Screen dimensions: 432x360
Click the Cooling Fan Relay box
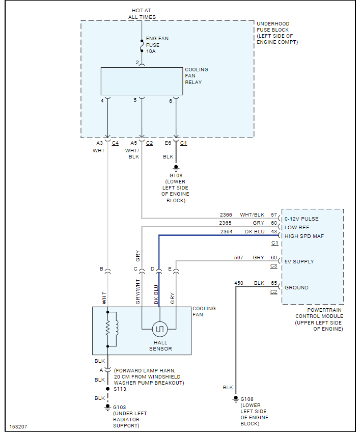142,81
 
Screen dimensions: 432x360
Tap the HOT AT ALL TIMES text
142,14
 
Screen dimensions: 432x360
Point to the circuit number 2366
226,215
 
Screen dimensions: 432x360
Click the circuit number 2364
226,232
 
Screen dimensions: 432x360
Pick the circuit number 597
239,258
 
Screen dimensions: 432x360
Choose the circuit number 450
239,283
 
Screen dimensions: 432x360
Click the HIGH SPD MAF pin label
304,236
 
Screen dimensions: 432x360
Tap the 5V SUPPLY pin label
299,262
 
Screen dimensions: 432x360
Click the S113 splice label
120,389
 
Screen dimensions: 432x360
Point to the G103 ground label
120,407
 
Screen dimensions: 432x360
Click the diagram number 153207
18,426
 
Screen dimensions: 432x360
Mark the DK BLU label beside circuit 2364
255,232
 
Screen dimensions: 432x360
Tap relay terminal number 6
171,101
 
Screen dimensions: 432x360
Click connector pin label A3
99,143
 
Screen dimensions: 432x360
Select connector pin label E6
168,143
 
